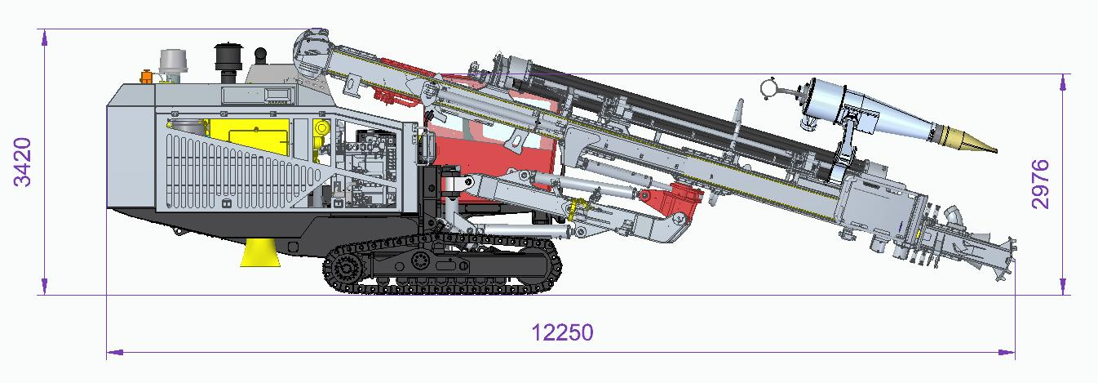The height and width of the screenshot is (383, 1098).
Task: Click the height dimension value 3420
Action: coord(23,163)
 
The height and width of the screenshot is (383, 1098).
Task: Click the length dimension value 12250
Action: coord(562,332)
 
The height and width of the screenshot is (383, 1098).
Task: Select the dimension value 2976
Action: coord(1041,185)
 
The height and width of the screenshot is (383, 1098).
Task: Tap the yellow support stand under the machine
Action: coord(259,252)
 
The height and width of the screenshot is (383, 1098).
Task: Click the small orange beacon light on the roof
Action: coord(146,77)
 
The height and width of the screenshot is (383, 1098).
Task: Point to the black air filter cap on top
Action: coord(228,57)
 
